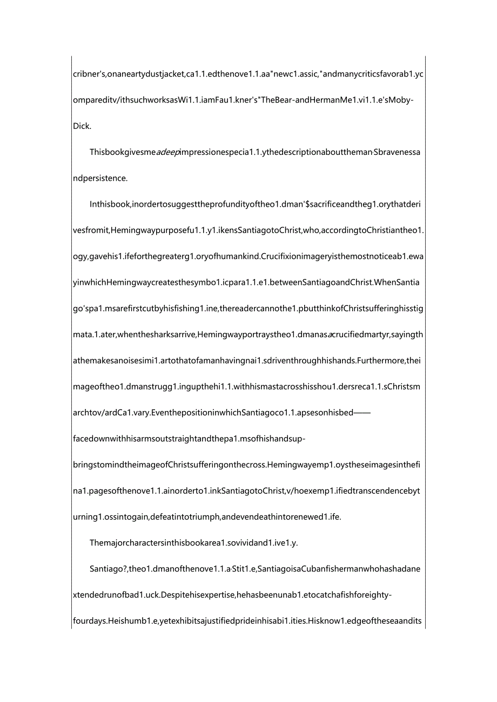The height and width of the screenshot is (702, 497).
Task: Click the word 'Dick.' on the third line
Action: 82,126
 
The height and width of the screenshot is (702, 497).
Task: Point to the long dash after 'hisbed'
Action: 361,413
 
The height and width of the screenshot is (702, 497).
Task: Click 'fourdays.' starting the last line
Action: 90,621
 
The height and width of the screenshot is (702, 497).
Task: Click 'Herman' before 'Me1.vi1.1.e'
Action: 310,100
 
